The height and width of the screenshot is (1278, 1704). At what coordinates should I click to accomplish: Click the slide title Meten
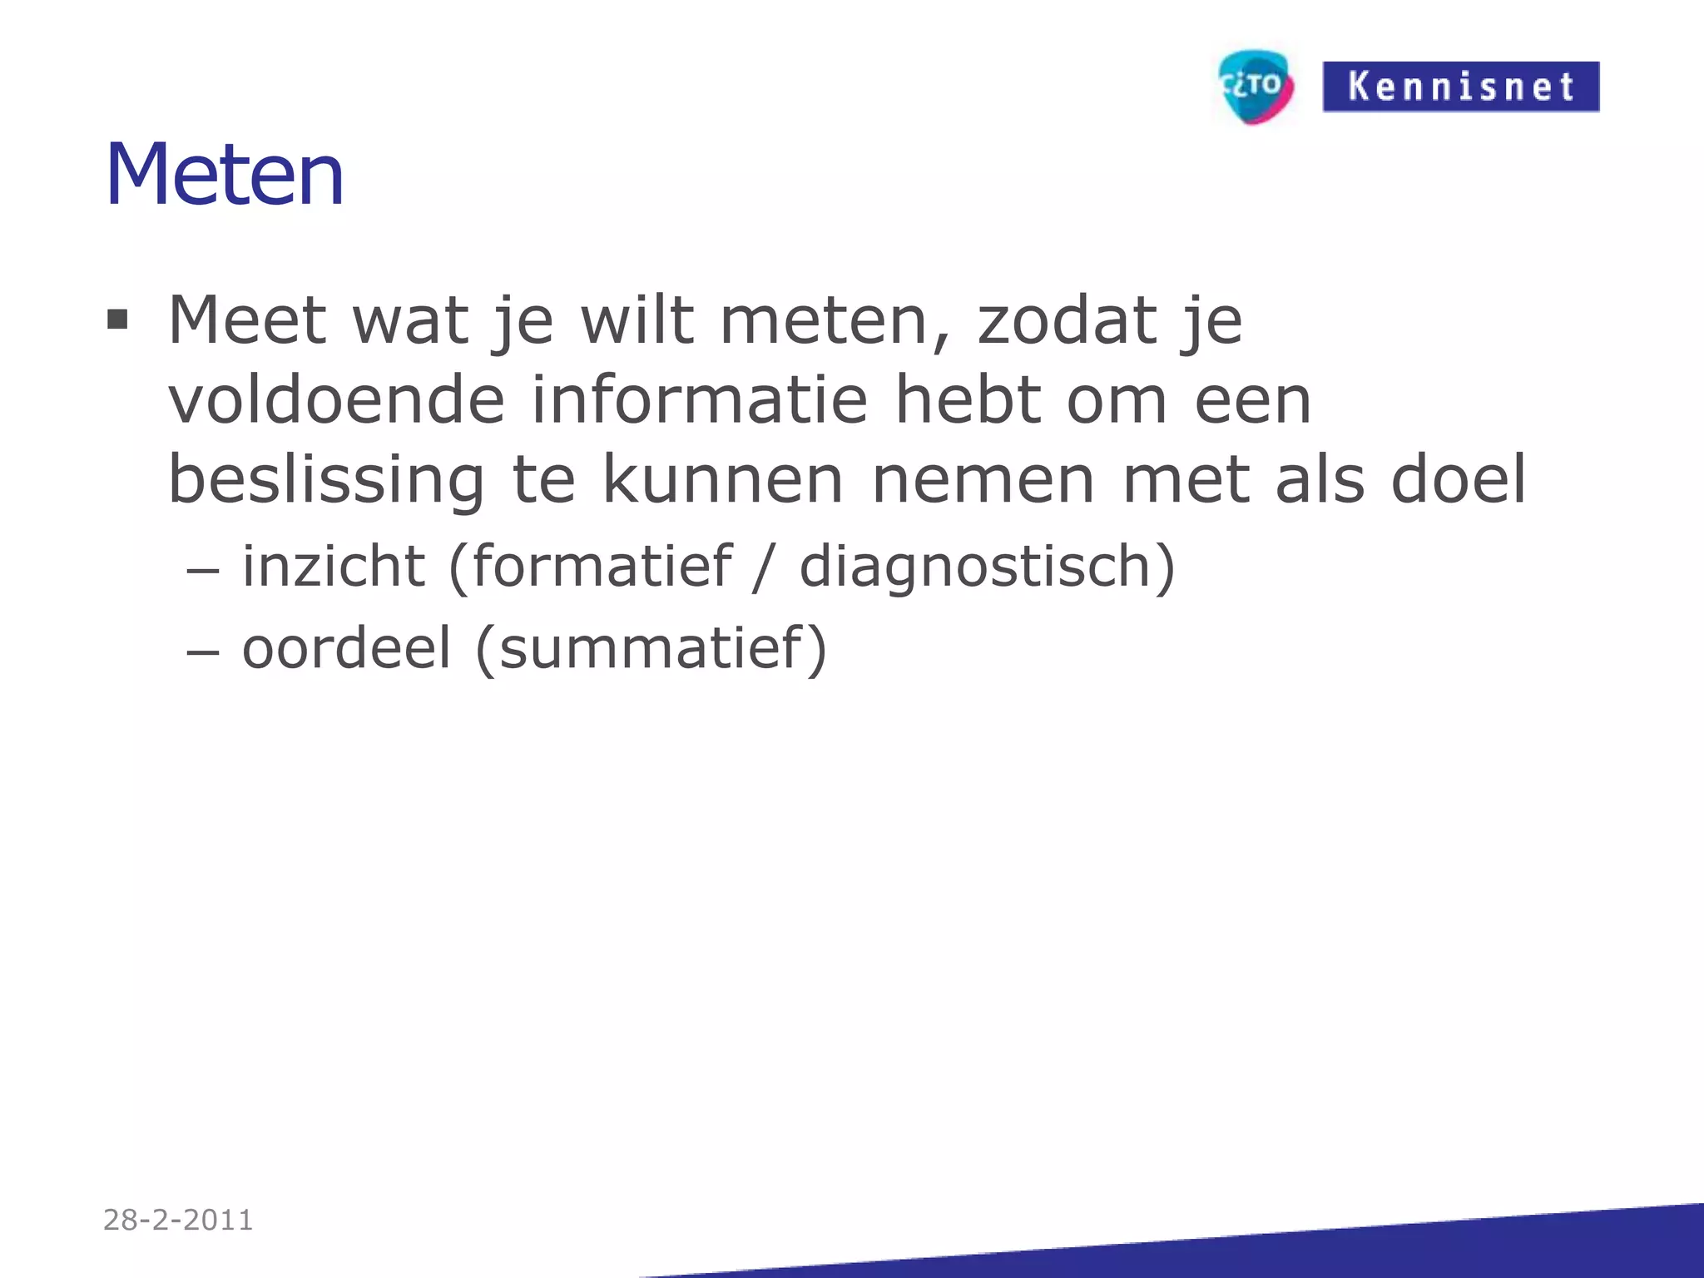point(225,175)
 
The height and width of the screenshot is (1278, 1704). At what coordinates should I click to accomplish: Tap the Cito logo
point(1256,86)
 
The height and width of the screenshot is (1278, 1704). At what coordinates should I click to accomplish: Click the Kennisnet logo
point(1460,87)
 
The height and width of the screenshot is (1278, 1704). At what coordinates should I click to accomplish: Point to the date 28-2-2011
point(178,1220)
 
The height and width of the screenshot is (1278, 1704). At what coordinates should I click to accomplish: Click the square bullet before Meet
point(117,319)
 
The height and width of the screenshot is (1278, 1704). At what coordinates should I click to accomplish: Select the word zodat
point(1067,320)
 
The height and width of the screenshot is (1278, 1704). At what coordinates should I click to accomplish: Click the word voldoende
point(336,400)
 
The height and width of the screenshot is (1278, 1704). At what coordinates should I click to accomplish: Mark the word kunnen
point(722,480)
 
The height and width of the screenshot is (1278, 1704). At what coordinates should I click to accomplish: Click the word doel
point(1459,480)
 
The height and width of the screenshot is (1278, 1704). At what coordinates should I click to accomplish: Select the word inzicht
point(334,566)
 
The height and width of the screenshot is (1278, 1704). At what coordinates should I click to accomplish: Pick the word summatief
point(651,647)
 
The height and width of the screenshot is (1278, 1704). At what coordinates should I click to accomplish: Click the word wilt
point(637,320)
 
